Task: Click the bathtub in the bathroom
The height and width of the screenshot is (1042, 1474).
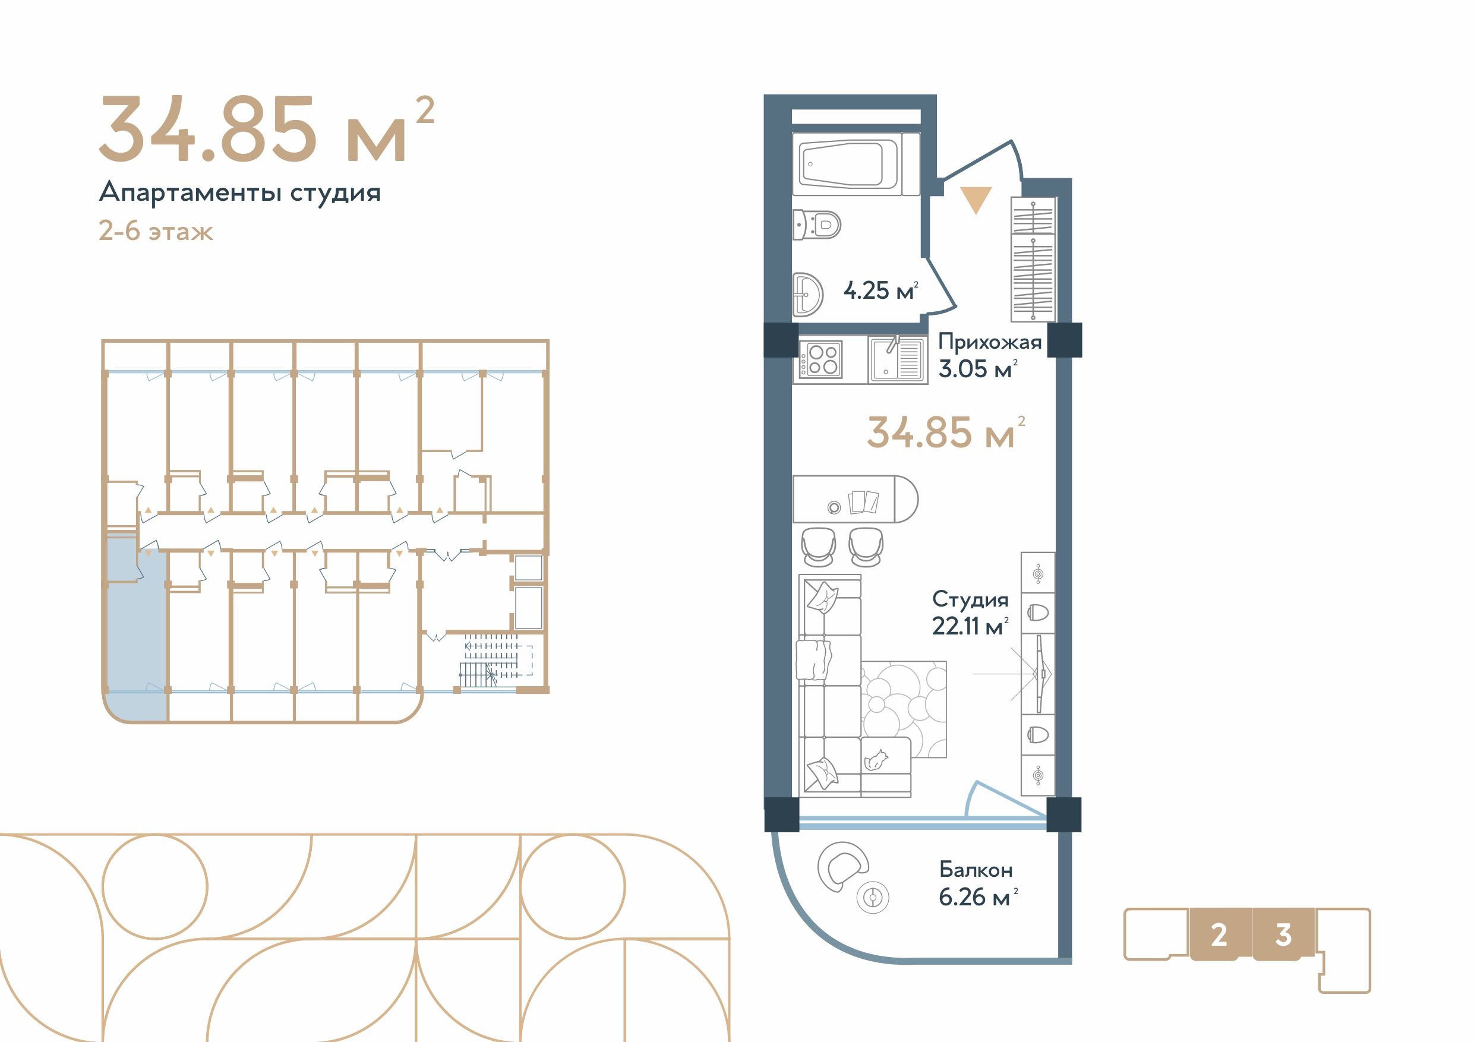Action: (x=847, y=164)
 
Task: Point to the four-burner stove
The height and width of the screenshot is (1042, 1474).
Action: (x=822, y=359)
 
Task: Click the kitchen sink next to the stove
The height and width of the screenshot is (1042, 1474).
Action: (x=898, y=359)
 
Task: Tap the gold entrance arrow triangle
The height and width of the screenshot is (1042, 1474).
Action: (x=976, y=200)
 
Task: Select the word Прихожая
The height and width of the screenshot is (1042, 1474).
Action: (x=989, y=342)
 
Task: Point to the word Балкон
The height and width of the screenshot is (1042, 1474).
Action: (x=976, y=870)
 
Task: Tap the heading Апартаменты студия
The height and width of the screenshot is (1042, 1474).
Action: (x=239, y=192)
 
